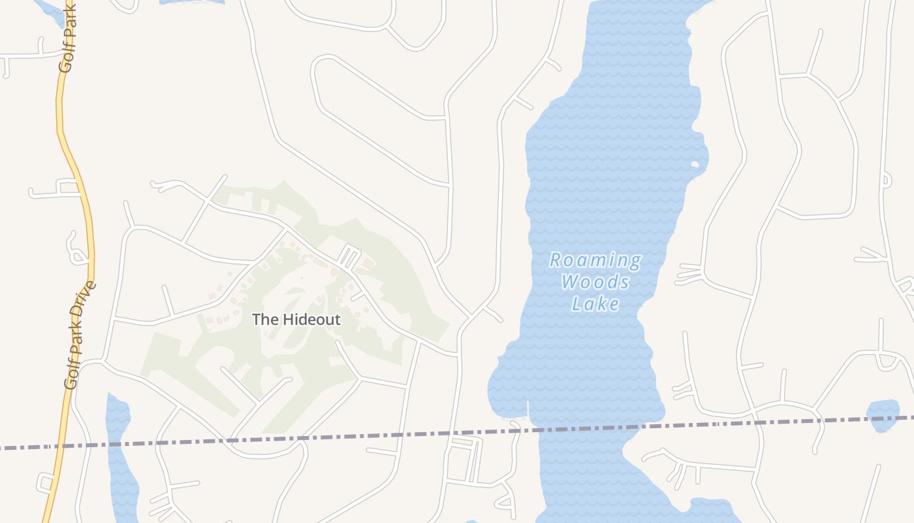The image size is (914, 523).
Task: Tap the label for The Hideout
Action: click(x=296, y=320)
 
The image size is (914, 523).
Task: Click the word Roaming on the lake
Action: click(x=595, y=261)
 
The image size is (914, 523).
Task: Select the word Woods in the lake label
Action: click(x=595, y=282)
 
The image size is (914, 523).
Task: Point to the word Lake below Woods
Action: click(x=595, y=304)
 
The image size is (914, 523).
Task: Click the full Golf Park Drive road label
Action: click(x=79, y=335)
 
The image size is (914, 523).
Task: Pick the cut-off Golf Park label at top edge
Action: click(x=68, y=36)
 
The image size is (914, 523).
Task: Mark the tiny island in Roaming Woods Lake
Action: click(x=697, y=165)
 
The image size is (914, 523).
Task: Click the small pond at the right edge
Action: click(x=883, y=415)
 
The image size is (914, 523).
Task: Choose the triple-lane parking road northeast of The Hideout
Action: click(x=349, y=256)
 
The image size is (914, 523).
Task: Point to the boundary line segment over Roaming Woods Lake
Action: click(x=588, y=429)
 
